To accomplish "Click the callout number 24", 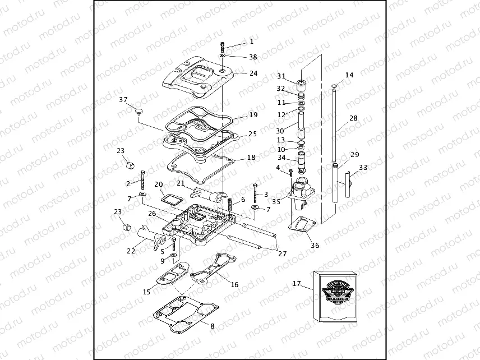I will click(x=253, y=73).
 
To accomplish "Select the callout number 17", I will click(x=297, y=284).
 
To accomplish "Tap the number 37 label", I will click(x=123, y=100).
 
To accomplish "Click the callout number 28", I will click(x=353, y=118).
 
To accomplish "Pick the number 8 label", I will click(x=211, y=326).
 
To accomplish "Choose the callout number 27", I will click(x=282, y=253).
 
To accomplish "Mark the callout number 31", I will click(x=281, y=76).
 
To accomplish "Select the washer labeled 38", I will click(x=223, y=57).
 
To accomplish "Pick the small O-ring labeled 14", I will click(x=335, y=86).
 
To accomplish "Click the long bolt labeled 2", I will click(x=143, y=180).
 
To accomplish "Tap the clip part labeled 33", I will click(x=348, y=183).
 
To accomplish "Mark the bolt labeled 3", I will click(x=255, y=193).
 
